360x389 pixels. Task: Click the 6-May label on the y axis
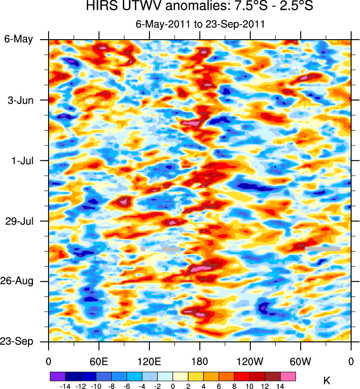19,39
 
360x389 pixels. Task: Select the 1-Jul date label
21,160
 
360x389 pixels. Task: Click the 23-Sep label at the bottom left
18,342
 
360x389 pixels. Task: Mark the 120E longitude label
149,362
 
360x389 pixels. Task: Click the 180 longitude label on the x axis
199,362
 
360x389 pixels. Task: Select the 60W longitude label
300,362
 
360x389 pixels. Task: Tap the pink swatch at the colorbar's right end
288,376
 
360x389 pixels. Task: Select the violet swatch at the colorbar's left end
57,376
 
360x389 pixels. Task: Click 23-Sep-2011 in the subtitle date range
237,24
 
